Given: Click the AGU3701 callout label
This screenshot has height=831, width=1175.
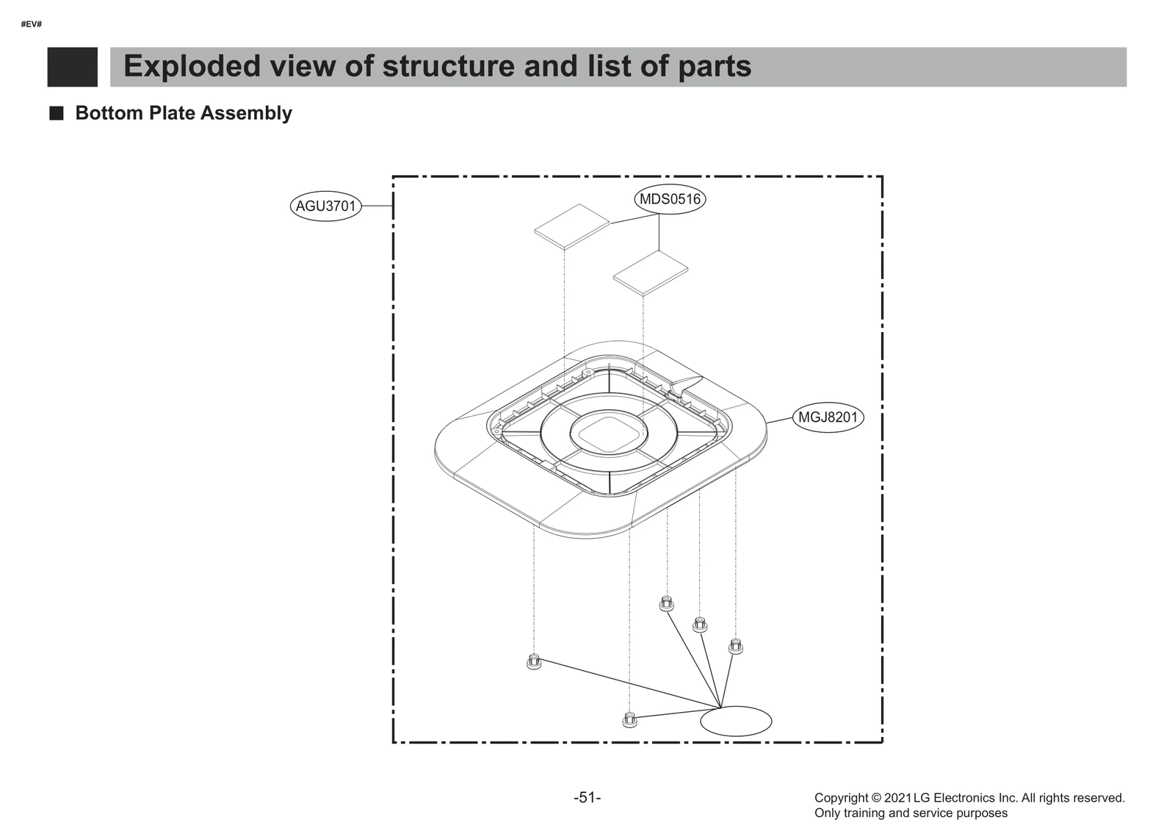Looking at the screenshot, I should (325, 206).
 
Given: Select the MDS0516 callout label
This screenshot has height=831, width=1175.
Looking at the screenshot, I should (669, 199).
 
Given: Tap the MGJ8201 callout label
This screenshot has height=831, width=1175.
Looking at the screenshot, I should (828, 417).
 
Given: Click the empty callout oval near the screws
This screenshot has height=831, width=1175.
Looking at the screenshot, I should (736, 721).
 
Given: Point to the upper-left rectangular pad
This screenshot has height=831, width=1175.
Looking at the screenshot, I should (572, 225).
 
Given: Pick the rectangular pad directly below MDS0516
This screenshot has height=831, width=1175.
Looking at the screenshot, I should (651, 272).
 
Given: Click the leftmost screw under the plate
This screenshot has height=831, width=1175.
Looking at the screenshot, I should (534, 661).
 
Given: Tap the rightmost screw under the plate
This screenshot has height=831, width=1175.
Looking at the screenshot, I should (735, 646).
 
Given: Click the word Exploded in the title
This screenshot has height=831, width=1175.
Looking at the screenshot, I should (192, 66).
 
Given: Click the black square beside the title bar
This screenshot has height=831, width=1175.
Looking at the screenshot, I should (72, 67).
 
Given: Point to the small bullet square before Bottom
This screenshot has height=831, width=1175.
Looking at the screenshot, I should (56, 113).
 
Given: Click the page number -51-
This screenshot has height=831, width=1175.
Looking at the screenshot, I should (587, 797).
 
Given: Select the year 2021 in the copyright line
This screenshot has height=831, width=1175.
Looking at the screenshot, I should (897, 798).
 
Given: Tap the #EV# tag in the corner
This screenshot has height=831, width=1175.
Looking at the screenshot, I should (32, 24).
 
